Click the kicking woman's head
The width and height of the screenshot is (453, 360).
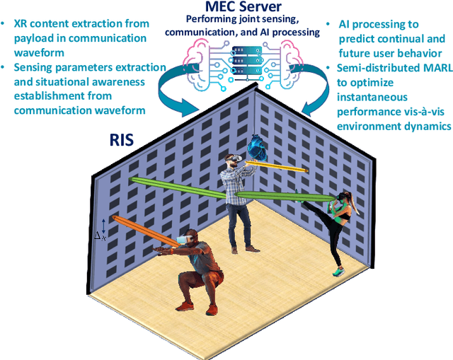point(344,199)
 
